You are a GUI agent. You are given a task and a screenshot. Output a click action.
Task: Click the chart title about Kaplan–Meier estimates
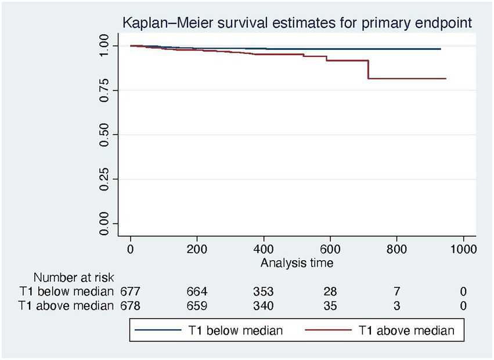(296, 24)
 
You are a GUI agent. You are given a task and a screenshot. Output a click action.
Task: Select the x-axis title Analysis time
(297, 263)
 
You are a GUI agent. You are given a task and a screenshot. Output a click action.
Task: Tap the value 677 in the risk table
(131, 291)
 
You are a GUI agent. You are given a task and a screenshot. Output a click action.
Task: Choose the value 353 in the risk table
(264, 291)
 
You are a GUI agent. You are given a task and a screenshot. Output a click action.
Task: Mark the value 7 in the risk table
(397, 291)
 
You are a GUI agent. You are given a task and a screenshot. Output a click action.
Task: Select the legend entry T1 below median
(244, 331)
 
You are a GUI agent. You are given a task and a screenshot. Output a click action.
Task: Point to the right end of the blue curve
(440, 49)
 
